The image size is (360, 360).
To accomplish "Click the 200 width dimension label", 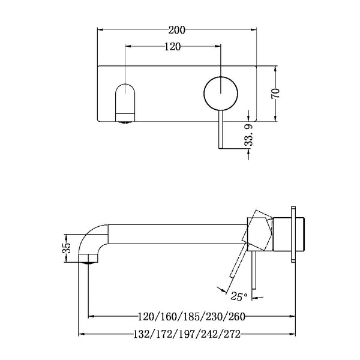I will pyautogui.click(x=177, y=29).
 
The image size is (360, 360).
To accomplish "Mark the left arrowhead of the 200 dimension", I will pyautogui.click(x=100, y=29).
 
